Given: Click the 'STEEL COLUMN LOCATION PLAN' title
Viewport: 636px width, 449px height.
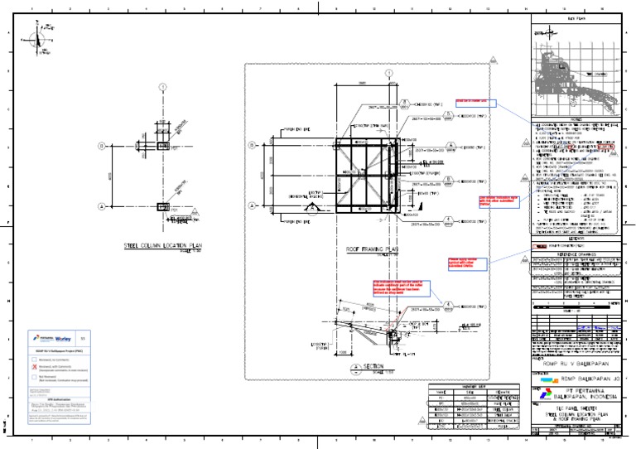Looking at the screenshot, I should pyautogui.click(x=162, y=246).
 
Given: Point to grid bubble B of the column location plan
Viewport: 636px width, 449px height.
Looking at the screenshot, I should pyautogui.click(x=103, y=146).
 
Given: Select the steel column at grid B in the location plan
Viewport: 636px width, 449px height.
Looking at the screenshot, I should pyautogui.click(x=163, y=146).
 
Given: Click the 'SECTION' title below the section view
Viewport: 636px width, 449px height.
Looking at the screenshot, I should pyautogui.click(x=375, y=366).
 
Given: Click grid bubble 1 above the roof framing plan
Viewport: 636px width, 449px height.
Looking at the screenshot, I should pyautogui.click(x=388, y=75).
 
